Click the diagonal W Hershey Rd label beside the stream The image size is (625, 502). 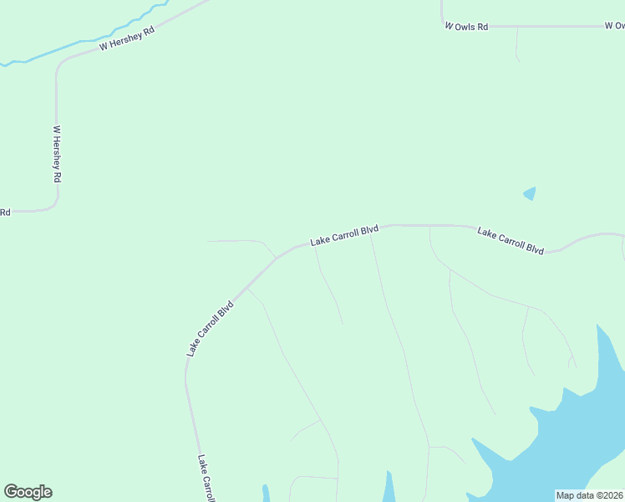coord(127,38)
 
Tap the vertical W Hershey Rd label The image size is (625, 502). coord(58,155)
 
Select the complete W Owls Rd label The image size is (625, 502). coord(466,27)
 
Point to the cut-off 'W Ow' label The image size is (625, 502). coord(614,26)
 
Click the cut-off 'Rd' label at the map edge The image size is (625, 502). coord(5,213)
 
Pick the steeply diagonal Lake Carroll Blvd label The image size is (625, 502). coord(209,328)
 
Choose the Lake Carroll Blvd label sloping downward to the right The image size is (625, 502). coord(511,240)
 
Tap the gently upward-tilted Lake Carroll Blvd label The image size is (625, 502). coord(344,235)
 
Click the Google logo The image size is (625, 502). coord(28,492)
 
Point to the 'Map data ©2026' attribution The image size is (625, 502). coord(589,495)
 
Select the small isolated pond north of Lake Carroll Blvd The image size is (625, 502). coord(530,193)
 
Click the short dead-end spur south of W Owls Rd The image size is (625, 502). coord(517,46)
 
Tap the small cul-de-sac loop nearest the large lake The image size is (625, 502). coord(572,361)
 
